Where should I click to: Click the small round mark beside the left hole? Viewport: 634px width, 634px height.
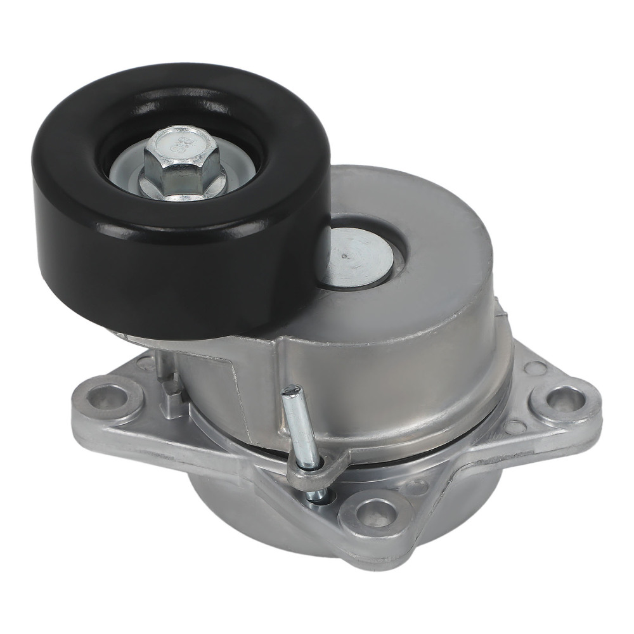[145, 363]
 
